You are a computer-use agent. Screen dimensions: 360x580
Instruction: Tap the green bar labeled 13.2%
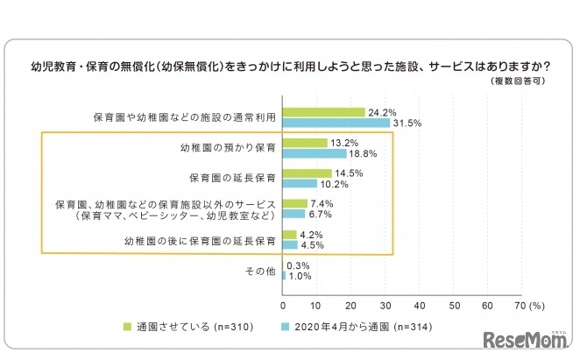(305, 143)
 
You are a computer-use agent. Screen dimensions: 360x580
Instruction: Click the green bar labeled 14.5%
(307, 173)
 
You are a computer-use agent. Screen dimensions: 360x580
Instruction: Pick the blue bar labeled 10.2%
(300, 184)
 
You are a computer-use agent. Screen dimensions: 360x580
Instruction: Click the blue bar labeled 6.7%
(294, 214)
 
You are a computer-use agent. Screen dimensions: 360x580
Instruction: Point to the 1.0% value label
(301, 277)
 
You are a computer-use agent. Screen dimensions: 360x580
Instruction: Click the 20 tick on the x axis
(351, 307)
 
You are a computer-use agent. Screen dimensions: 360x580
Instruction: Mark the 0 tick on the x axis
(283, 307)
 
